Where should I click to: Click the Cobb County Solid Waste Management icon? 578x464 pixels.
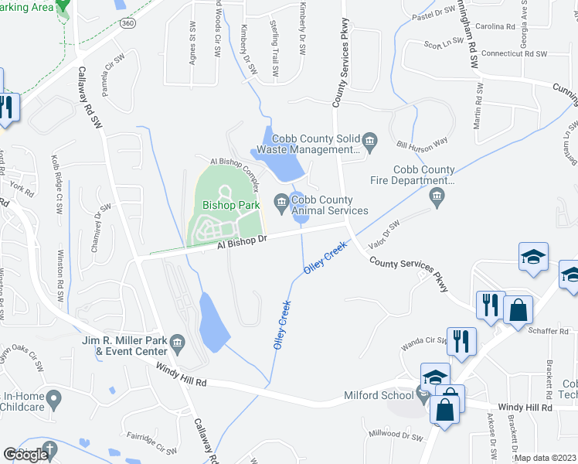pos(370,140)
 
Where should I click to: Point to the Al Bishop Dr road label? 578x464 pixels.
pos(242,242)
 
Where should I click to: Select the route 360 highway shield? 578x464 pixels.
pos(129,25)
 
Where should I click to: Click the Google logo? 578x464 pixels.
pos(26,455)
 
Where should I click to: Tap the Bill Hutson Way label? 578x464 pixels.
pos(422,144)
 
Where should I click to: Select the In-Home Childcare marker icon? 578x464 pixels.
pos(53,400)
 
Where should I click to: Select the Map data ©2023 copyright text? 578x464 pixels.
pos(546,458)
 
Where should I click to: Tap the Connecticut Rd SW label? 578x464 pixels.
pos(513,54)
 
